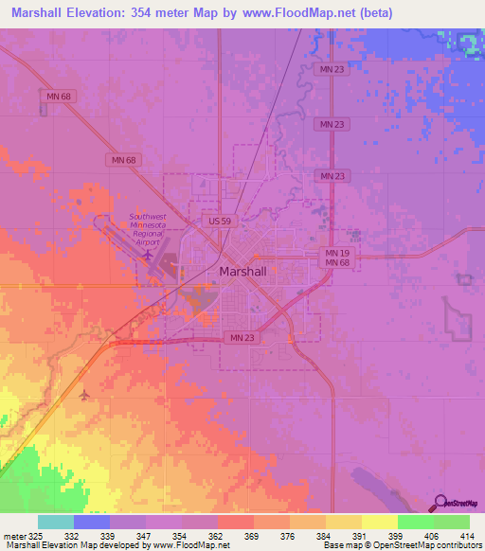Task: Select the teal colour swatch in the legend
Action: coord(56,522)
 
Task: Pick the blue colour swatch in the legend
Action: coord(92,522)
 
